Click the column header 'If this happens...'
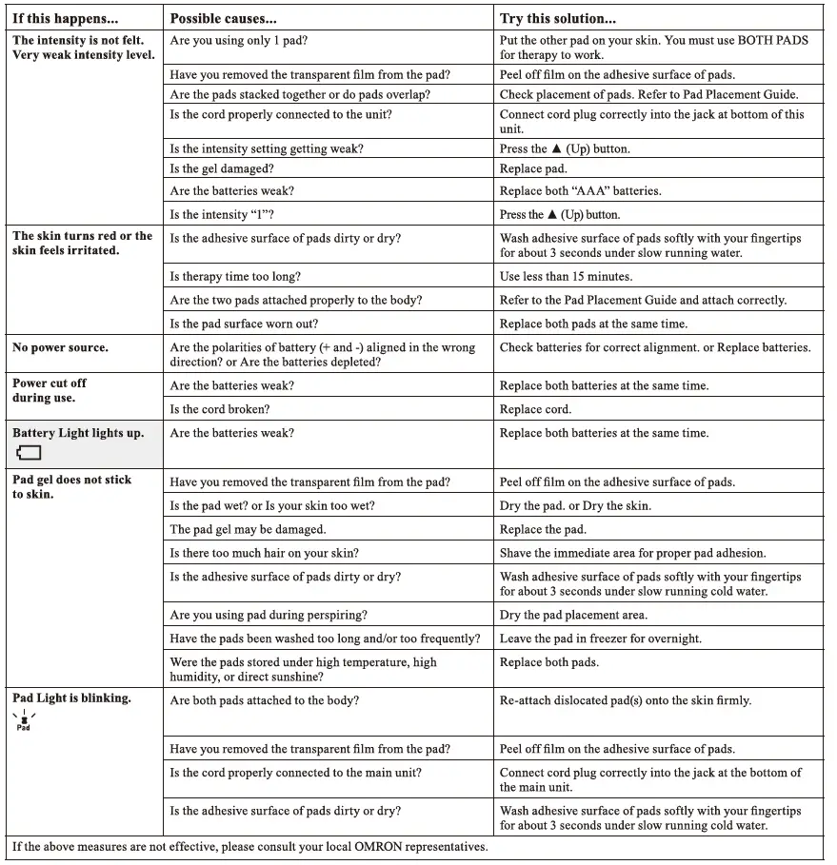(x=65, y=18)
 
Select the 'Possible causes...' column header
(x=224, y=18)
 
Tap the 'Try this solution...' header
(x=558, y=18)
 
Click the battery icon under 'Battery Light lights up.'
(x=29, y=453)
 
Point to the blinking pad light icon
(x=24, y=720)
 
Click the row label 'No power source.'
(x=60, y=347)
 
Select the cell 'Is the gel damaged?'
(x=221, y=168)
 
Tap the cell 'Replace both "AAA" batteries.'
(x=580, y=191)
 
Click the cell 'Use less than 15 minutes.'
(x=566, y=277)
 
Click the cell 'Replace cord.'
(x=535, y=409)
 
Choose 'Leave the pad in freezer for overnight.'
(x=600, y=639)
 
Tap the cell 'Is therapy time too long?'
(x=235, y=277)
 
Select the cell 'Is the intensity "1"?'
(x=223, y=215)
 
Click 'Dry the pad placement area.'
(x=573, y=615)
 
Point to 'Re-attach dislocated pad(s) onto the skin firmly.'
(x=626, y=700)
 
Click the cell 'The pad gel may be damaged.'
(x=248, y=529)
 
